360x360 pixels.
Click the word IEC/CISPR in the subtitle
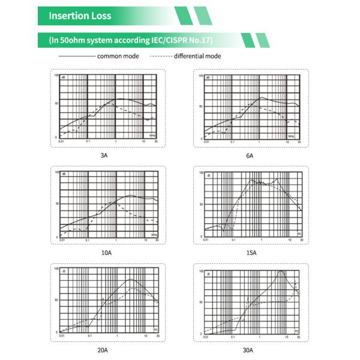169,40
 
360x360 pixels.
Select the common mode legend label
118,56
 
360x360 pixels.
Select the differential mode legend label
197,56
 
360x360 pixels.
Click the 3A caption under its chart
104,155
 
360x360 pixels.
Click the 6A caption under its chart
250,155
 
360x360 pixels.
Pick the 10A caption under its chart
106,253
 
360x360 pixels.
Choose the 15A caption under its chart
251,253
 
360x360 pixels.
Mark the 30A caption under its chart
251,349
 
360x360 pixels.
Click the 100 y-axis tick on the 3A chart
56,76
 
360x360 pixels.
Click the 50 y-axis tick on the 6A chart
202,104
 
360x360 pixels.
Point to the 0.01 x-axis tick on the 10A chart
60,241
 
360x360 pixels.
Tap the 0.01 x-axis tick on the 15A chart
206,241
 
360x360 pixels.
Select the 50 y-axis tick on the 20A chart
56,299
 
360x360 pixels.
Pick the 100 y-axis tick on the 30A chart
201,272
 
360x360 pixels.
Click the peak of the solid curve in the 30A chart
281,272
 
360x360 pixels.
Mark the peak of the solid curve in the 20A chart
131,280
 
